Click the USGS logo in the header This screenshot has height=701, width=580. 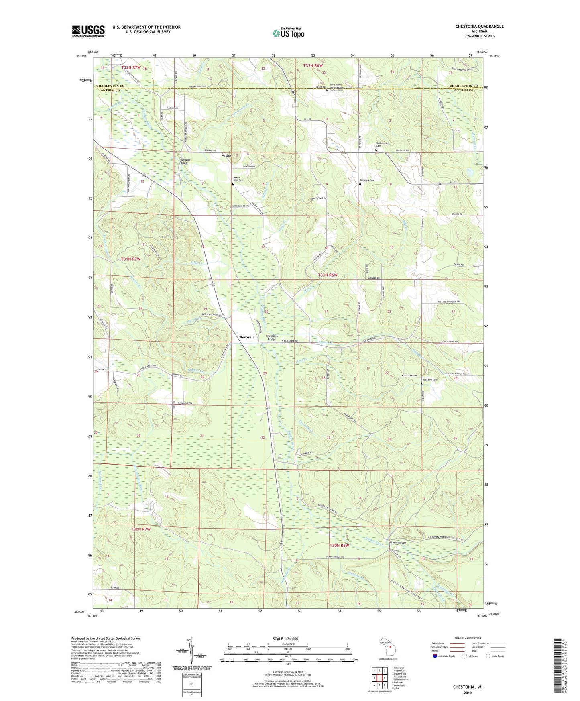point(88,31)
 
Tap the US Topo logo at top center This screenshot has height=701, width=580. point(288,33)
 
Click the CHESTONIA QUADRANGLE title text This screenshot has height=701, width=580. point(479,26)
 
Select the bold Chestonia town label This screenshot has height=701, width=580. point(246,337)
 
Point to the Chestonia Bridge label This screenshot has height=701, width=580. point(272,338)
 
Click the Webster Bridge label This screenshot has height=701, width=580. point(185,161)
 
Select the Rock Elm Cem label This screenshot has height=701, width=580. point(429,380)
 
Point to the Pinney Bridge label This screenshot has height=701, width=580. point(398,542)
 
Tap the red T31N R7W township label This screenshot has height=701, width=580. point(131,259)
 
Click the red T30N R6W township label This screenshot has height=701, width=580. point(339,545)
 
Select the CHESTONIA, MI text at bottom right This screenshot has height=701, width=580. point(468,687)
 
